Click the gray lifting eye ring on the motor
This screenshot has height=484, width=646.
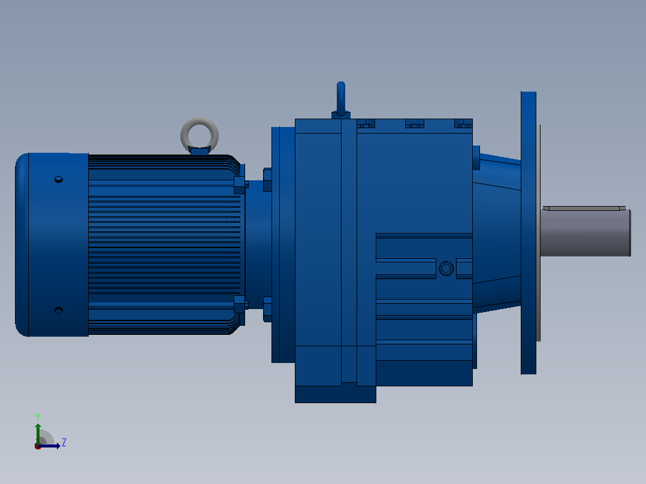tap(200, 122)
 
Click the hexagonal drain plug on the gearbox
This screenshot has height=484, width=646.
tap(446, 268)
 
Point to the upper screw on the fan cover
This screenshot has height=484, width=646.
tap(59, 179)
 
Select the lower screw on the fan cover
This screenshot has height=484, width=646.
tap(59, 310)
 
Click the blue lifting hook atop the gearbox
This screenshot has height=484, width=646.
tap(341, 99)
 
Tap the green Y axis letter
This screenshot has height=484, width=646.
tap(38, 416)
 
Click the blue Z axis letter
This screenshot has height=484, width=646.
tap(64, 443)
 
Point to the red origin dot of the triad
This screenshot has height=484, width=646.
tap(38, 446)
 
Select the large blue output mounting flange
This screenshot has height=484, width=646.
tap(529, 233)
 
